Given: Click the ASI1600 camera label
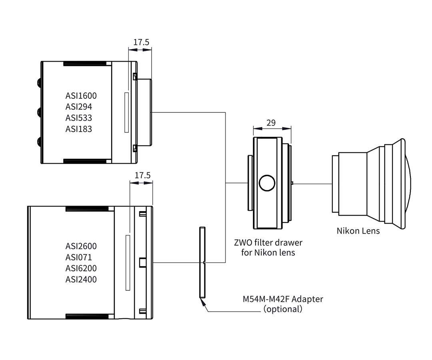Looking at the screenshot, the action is click(81, 96).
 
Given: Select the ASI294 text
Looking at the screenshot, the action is click(79, 107).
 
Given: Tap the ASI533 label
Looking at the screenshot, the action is click(79, 118).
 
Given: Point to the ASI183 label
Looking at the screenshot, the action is click(79, 129).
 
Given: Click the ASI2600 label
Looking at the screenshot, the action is click(81, 246).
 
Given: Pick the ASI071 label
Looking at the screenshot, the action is click(79, 257).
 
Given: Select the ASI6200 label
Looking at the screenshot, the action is click(81, 268).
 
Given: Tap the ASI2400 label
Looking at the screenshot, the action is click(81, 279).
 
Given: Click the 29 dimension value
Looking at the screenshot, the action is click(271, 122).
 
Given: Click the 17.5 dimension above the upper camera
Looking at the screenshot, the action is click(141, 42).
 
